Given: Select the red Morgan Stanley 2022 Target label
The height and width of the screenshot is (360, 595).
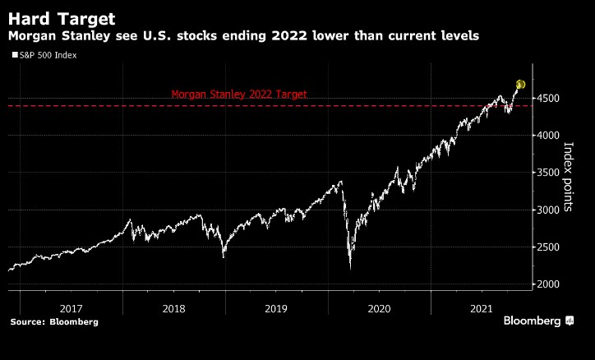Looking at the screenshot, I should [x=238, y=95].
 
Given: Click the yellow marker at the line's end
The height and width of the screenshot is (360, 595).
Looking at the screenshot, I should [x=520, y=85].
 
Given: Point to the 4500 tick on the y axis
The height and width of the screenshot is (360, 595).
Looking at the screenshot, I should [x=551, y=99].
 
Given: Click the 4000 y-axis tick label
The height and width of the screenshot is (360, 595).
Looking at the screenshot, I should [x=551, y=136].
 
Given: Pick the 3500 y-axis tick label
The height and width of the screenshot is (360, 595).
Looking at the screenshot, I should [x=551, y=173].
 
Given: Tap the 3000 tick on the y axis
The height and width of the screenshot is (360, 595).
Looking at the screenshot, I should [x=551, y=210].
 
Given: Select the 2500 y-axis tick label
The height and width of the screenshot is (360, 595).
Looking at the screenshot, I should [x=551, y=247].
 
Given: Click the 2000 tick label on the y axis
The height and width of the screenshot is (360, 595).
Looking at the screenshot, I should [x=551, y=284].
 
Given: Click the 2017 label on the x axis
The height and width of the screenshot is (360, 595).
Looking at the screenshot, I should [x=72, y=309].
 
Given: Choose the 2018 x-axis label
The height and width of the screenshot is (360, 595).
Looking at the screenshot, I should [x=175, y=309].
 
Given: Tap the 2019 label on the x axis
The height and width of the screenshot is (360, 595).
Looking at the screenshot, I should [x=277, y=309].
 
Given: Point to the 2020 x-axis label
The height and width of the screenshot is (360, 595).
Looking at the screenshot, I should [x=380, y=309].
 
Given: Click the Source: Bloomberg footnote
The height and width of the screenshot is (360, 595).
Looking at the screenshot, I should [x=54, y=322].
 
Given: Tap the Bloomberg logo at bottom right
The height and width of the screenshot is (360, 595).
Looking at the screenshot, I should [x=538, y=321].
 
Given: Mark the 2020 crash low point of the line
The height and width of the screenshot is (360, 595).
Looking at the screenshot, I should [x=350, y=268].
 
